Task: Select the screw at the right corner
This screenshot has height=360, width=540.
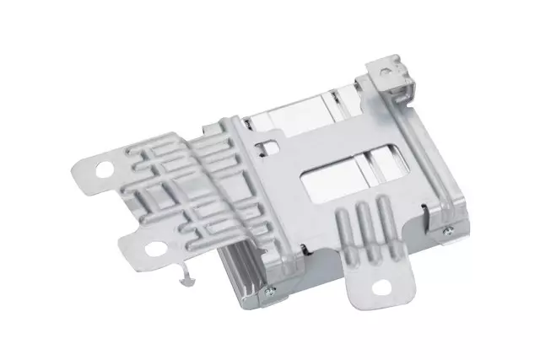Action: (x=446, y=229)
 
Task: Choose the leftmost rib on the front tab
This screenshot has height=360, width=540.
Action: (x=344, y=234)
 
